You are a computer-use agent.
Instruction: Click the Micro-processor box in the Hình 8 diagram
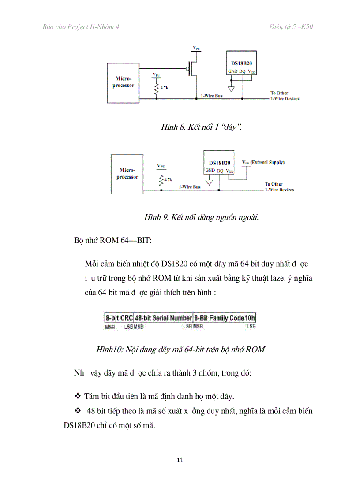pos(123,82)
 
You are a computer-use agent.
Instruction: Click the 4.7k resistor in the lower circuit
pos(161,180)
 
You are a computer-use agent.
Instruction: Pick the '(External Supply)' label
pos(268,162)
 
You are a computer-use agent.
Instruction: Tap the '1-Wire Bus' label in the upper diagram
pos(212,96)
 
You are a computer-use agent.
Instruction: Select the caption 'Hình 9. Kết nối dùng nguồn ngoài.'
pos(201,217)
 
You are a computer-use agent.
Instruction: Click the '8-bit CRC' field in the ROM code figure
pos(119,318)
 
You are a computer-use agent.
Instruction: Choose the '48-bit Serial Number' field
pos(163,318)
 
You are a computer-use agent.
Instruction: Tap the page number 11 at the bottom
pos(180,460)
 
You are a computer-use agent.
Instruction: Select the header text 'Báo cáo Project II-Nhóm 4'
pos(81,27)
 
